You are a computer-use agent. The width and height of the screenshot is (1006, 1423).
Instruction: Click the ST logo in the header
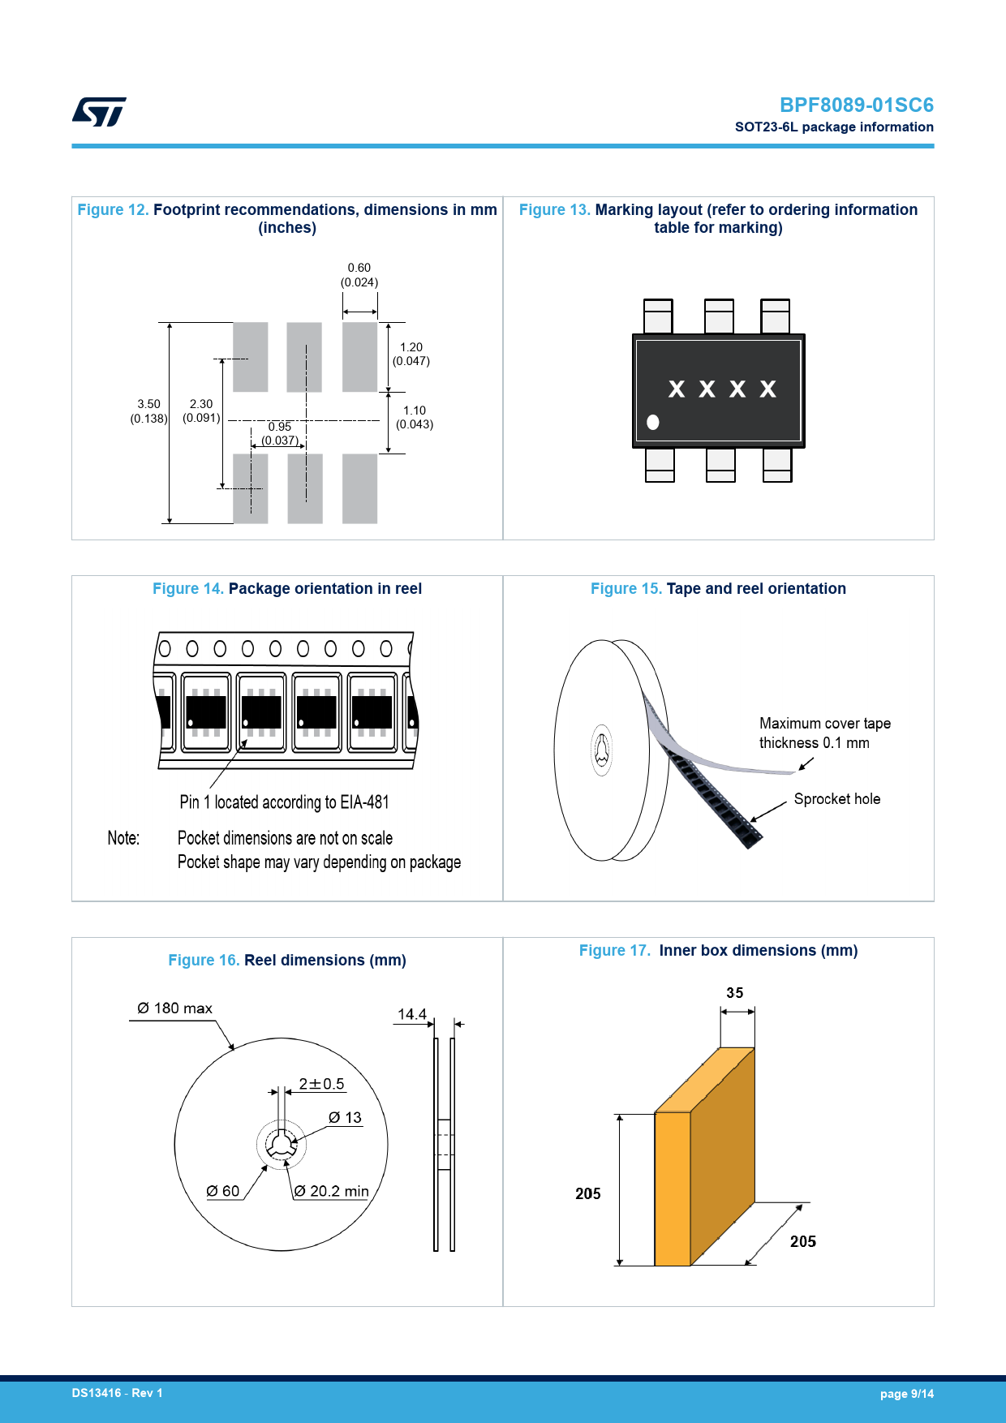pyautogui.click(x=99, y=112)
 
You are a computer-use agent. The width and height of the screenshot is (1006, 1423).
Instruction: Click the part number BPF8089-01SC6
pyautogui.click(x=856, y=105)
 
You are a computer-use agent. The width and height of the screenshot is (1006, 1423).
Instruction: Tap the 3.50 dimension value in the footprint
pyautogui.click(x=148, y=404)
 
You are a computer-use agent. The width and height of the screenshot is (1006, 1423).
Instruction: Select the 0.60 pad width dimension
pyautogui.click(x=359, y=268)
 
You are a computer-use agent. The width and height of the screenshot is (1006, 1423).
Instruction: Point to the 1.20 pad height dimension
pyautogui.click(x=411, y=347)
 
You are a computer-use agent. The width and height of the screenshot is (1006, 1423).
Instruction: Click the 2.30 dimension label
pyautogui.click(x=201, y=404)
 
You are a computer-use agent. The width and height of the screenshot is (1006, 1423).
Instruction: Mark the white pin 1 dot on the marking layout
pyautogui.click(x=653, y=422)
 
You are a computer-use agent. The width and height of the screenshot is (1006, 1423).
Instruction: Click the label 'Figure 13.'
pyautogui.click(x=554, y=210)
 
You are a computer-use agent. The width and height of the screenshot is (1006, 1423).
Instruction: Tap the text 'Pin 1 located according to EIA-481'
pyautogui.click(x=284, y=802)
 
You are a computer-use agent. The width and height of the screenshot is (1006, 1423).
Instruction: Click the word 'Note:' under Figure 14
pyautogui.click(x=123, y=838)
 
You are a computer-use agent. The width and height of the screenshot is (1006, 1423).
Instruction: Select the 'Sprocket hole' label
pyautogui.click(x=836, y=799)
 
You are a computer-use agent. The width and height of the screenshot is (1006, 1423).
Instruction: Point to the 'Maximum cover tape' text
pyautogui.click(x=824, y=724)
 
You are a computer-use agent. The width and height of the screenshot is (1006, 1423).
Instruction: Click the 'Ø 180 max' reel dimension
pyautogui.click(x=174, y=1008)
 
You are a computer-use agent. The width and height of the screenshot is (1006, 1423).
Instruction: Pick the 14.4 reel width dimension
pyautogui.click(x=411, y=1014)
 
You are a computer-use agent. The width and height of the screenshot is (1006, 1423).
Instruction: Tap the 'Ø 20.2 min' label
pyautogui.click(x=331, y=1191)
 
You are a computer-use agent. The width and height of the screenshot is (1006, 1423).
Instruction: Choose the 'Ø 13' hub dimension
pyautogui.click(x=345, y=1118)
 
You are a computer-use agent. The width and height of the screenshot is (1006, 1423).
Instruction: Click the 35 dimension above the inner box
pyautogui.click(x=734, y=993)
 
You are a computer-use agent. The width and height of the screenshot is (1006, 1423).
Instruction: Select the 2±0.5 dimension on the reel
pyautogui.click(x=321, y=1084)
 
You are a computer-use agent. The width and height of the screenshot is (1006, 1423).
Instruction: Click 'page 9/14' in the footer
pyautogui.click(x=906, y=1394)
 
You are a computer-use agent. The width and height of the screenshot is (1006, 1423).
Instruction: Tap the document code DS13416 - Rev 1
pyautogui.click(x=117, y=1393)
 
